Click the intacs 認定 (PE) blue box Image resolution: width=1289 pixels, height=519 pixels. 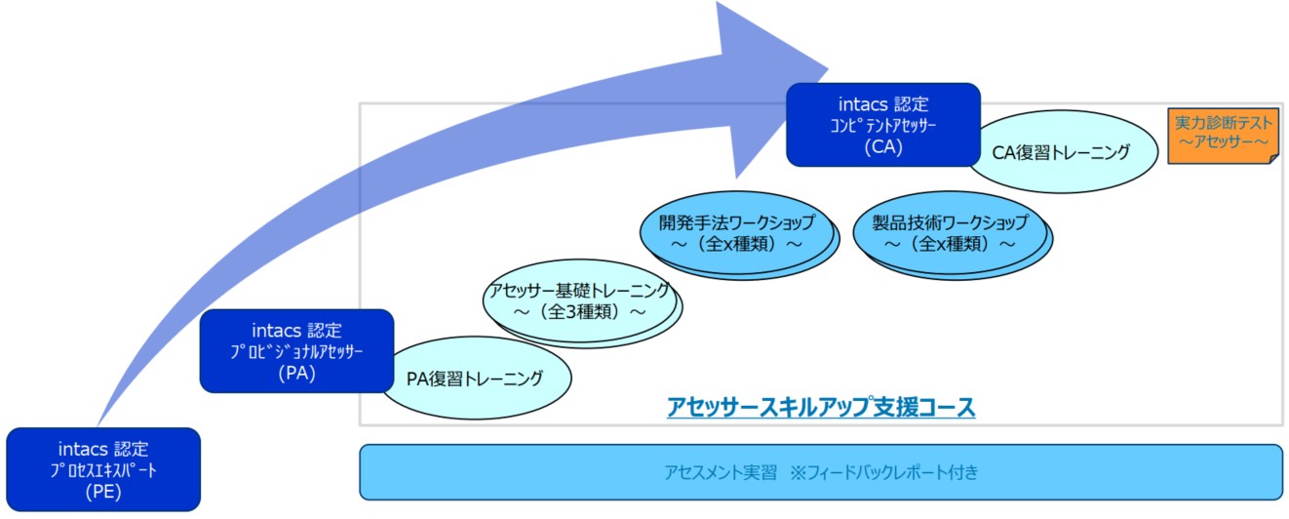click(103, 469)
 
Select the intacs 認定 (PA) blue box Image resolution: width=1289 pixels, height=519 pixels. click(297, 351)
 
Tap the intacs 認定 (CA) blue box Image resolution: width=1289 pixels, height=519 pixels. click(883, 125)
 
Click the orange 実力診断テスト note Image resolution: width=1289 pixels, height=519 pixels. click(1224, 136)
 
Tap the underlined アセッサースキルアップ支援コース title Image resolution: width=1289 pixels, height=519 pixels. click(821, 407)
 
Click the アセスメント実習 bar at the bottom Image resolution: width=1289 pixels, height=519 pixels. click(821, 472)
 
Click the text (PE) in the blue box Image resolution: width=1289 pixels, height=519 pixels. click(103, 492)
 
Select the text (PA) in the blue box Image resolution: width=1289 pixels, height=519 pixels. click(297, 374)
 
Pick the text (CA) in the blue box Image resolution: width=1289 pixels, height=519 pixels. click(883, 147)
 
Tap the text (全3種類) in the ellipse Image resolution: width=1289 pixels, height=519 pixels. click(580, 312)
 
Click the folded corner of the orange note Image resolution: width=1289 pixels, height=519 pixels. click(1274, 158)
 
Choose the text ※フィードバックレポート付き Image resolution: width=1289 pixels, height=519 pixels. click(884, 472)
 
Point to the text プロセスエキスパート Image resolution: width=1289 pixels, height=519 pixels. click(103, 470)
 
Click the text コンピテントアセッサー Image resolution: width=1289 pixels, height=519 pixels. click(883, 126)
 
